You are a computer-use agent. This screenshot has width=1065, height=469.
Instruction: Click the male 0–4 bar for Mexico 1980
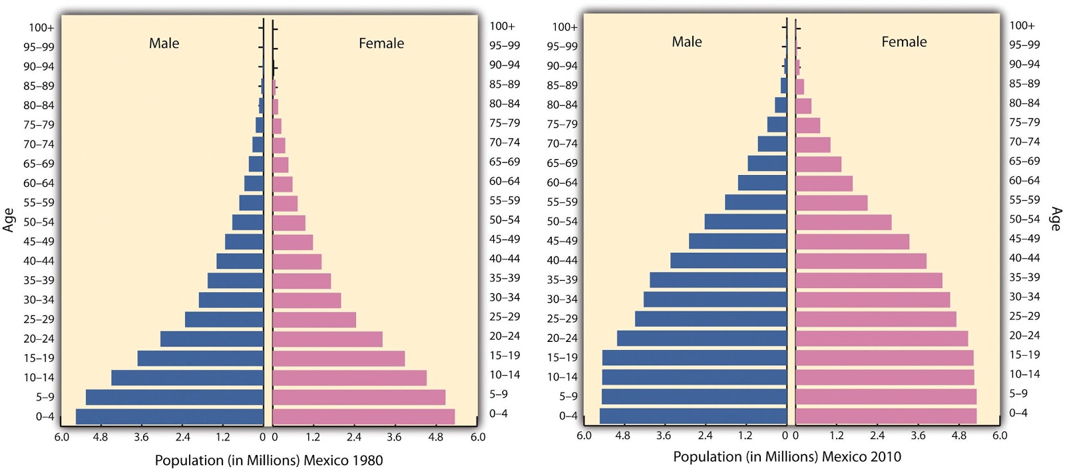170,417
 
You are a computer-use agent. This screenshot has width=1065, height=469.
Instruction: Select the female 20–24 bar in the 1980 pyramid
327,339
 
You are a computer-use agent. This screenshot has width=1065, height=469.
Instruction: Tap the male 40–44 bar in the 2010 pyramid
728,260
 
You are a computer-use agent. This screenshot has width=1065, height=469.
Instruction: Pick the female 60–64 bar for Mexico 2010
823,184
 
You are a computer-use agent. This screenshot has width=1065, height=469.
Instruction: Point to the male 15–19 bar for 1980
200,359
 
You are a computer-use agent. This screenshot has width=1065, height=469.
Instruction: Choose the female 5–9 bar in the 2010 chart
885,396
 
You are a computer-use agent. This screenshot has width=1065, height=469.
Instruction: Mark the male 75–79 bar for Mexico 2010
777,124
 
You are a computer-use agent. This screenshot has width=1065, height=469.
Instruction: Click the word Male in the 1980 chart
164,43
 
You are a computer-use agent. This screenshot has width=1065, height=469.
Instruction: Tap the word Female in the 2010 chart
903,42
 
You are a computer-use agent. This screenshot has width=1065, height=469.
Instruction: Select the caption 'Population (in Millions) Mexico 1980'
268,460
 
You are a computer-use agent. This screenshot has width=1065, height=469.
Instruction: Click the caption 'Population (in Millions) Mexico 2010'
787,456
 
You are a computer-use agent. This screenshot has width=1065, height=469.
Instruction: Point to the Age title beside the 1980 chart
9,220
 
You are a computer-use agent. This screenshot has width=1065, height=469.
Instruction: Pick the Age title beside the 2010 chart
1055,219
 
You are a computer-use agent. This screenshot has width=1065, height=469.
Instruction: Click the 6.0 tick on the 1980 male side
61,437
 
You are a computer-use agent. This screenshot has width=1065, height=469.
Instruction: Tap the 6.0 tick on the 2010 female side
999,436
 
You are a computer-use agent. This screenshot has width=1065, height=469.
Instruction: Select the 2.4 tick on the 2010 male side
704,436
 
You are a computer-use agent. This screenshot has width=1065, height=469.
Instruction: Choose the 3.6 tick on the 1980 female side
394,437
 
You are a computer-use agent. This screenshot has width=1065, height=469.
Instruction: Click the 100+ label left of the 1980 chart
41,27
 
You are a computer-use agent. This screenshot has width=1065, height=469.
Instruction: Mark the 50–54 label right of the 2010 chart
1024,219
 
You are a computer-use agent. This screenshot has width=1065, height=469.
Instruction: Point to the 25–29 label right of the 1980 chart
505,317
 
